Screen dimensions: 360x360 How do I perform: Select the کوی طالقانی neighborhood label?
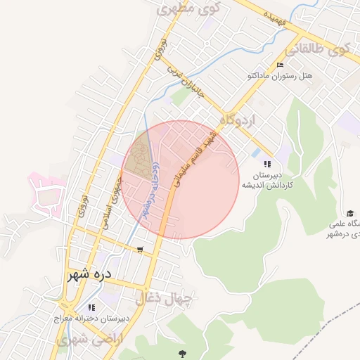[317, 51]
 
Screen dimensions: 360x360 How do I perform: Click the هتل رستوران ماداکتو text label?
[276, 75]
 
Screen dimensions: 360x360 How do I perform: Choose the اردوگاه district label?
[238, 120]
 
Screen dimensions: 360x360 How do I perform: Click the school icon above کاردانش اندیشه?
[266, 164]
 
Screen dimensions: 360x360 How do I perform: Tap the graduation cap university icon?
[350, 214]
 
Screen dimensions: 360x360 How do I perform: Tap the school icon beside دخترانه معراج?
[90, 307]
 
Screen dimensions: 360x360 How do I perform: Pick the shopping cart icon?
[140, 250]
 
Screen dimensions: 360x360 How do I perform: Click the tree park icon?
[183, 354]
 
